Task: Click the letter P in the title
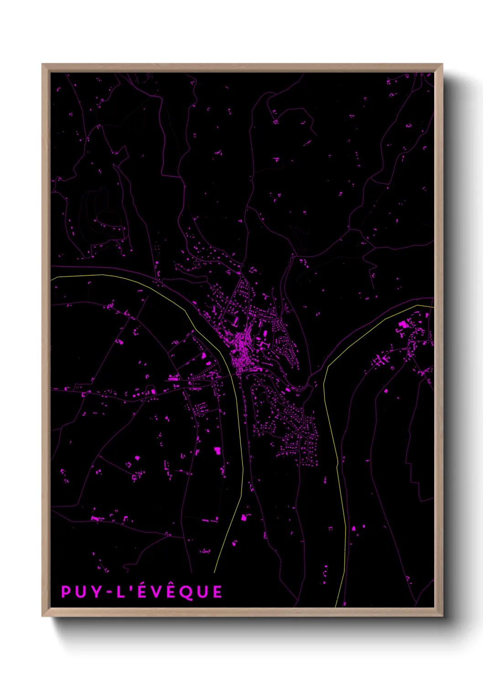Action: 66,592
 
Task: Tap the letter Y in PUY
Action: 96,592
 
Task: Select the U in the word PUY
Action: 81,592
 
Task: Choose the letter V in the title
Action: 156,592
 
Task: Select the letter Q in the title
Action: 186,592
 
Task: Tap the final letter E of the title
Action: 217,592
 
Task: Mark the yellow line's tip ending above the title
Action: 214,572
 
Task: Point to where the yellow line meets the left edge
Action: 52,277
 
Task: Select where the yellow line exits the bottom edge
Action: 336,607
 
